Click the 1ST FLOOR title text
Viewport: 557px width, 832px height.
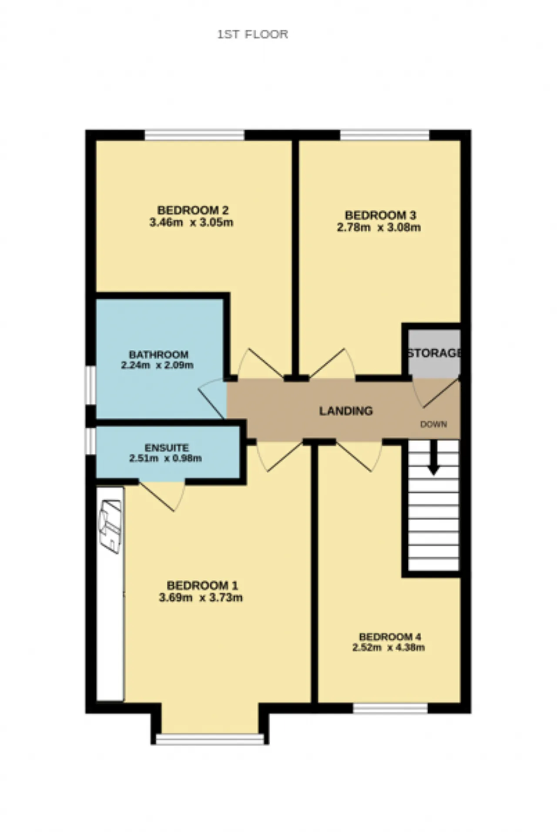(x=252, y=34)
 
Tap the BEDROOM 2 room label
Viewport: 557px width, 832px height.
(x=193, y=210)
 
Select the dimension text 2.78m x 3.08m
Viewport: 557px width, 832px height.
(x=379, y=227)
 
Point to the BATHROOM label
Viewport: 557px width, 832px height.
(x=158, y=355)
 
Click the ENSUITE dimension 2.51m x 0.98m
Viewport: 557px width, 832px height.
(x=165, y=458)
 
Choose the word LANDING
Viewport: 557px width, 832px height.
(x=346, y=411)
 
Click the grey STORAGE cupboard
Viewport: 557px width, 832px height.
(x=434, y=352)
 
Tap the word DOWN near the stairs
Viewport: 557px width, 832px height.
(x=433, y=424)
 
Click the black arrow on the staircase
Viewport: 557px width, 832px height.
(x=434, y=457)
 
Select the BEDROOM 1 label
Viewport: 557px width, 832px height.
(x=202, y=585)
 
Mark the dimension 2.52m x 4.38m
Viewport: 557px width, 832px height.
(x=389, y=648)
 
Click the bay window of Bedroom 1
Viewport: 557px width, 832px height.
(x=210, y=739)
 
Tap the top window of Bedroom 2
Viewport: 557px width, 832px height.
(x=195, y=135)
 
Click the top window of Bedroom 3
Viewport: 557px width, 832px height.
(x=385, y=135)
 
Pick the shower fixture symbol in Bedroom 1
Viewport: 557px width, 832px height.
(x=111, y=527)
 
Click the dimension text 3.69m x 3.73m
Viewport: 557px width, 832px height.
(x=201, y=598)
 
